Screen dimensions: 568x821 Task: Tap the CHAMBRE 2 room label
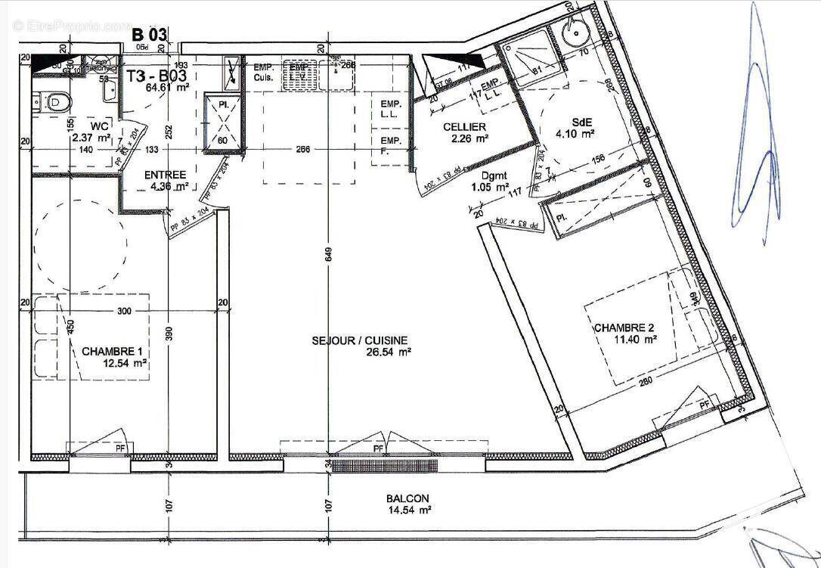[x=624, y=327]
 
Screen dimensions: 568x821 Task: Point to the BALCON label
[x=407, y=498]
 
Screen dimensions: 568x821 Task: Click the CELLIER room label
[x=465, y=126]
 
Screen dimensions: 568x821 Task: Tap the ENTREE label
[x=165, y=175]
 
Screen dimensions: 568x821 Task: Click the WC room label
[x=98, y=126]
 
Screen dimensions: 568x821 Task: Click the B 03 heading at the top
[x=149, y=34]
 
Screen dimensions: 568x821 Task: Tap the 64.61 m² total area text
[x=166, y=87]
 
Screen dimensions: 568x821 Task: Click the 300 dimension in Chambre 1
[x=124, y=311]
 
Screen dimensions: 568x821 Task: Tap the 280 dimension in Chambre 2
[x=644, y=382]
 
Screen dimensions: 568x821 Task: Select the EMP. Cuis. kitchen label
[x=263, y=72]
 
